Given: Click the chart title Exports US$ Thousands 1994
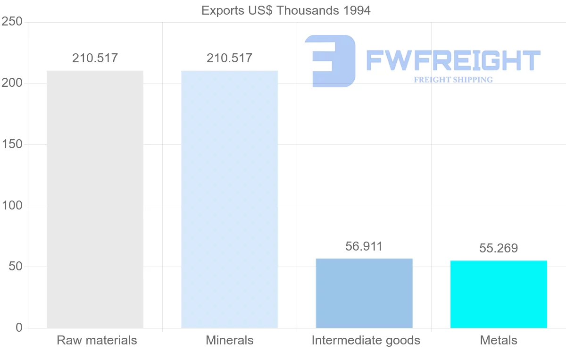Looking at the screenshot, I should point(286,10).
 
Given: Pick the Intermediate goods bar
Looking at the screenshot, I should point(364,293).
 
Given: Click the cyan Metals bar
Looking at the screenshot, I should point(499,294).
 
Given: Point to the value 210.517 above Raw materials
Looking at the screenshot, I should point(95,59).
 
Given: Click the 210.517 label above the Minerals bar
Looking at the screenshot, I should point(229,59).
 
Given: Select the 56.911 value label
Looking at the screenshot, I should point(364,246).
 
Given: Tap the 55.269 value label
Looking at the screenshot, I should point(499,248).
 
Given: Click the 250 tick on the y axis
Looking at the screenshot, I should point(13,22).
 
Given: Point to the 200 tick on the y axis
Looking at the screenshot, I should point(13,83).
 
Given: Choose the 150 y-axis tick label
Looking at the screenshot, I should point(13,144).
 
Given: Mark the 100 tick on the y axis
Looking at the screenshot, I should point(13,206).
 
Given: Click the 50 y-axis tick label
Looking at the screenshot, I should point(16,267).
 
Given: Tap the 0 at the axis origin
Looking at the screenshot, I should point(19,328).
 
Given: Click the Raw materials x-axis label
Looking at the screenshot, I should point(97,340).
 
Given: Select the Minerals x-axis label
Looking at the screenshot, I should point(230,340).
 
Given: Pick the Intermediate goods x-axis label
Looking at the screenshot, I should point(366,340).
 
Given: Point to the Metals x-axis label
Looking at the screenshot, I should point(499,340).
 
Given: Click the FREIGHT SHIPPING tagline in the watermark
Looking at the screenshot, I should point(453,80).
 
